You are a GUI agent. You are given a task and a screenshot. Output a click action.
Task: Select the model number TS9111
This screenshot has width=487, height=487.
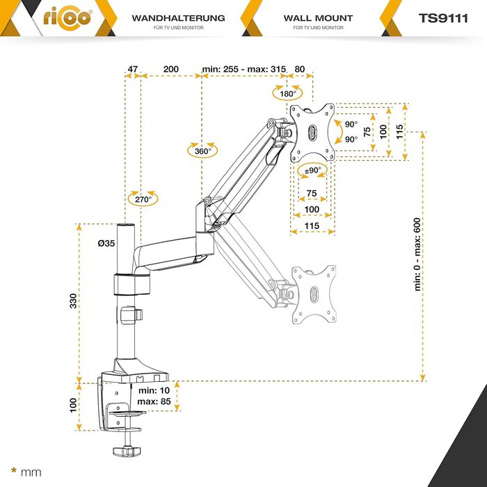tap(447, 18)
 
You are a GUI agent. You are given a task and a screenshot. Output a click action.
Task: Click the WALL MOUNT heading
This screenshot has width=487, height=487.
tap(318, 18)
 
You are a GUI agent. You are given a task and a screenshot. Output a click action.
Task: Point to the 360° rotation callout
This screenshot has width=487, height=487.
tap(202, 151)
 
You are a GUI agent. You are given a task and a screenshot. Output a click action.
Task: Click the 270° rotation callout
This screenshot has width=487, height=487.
tap(143, 198)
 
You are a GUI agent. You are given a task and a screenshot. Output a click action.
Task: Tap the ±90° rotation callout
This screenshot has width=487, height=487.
tap(312, 170)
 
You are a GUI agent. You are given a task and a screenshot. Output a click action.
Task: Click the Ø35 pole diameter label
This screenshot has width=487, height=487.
tap(107, 243)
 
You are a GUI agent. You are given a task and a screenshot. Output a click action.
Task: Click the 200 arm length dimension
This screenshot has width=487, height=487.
tap(170, 70)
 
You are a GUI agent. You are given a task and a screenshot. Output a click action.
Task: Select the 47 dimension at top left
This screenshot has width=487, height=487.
tap(133, 70)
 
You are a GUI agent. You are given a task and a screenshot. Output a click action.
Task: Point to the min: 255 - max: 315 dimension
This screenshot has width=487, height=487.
tap(243, 70)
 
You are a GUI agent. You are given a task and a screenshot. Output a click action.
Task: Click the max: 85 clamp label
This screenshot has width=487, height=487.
tap(154, 402)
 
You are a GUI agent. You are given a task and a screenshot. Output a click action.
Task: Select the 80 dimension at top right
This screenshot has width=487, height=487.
tap(300, 70)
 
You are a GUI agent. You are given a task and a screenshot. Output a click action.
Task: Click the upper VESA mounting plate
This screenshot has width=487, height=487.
tap(312, 132)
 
